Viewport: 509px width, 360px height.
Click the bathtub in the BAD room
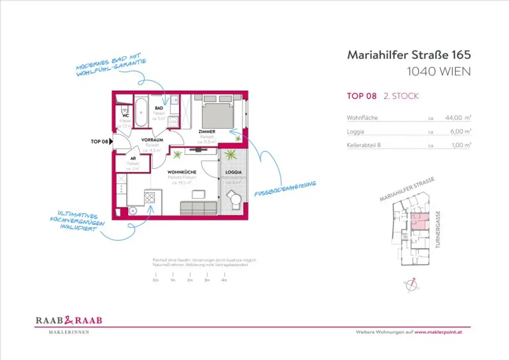point(141,112)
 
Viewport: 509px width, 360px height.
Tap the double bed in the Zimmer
point(217,112)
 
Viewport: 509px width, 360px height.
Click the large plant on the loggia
point(231,155)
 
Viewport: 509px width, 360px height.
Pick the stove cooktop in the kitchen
point(150,197)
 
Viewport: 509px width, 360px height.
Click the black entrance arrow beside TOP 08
point(111,142)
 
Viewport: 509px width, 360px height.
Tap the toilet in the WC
point(124,109)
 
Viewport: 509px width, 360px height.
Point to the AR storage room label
point(133,158)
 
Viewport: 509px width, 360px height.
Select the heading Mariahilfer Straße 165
point(409,55)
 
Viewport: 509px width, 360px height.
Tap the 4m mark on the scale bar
point(224,280)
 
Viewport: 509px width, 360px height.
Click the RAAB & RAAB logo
point(69,321)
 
